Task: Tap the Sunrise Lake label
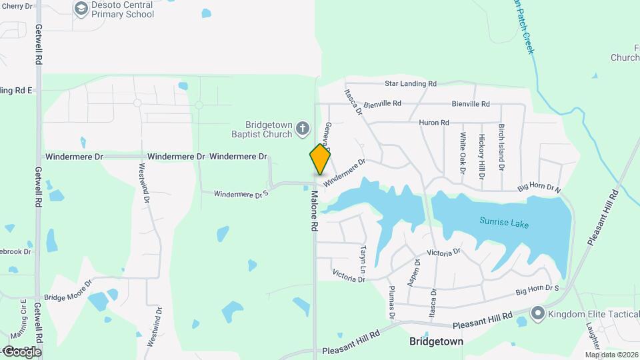pyautogui.click(x=504, y=223)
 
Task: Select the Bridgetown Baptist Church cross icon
pyautogui.click(x=302, y=127)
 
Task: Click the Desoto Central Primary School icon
pyautogui.click(x=81, y=9)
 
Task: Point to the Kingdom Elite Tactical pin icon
pyautogui.click(x=538, y=313)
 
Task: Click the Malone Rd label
pyautogui.click(x=313, y=211)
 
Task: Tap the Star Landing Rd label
pyautogui.click(x=411, y=84)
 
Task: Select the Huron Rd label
pyautogui.click(x=434, y=123)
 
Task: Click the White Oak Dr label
pyautogui.click(x=463, y=153)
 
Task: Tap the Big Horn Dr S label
pyautogui.click(x=537, y=291)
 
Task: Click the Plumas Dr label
pyautogui.click(x=392, y=301)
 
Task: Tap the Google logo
pyautogui.click(x=21, y=351)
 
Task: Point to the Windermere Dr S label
pyautogui.click(x=241, y=194)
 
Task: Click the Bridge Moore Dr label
pyautogui.click(x=67, y=297)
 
